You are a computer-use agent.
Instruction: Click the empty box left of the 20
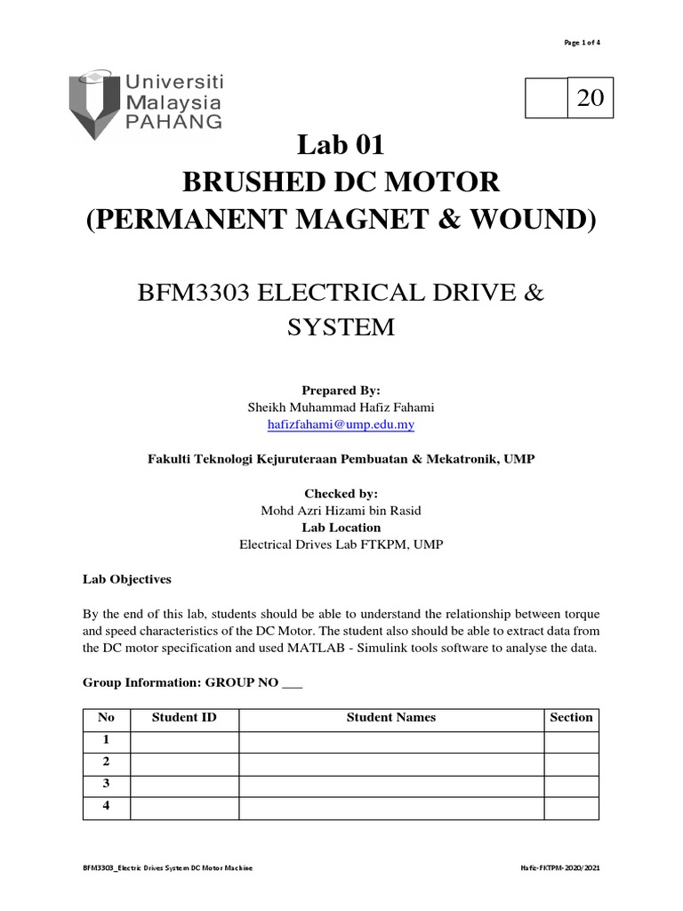point(547,99)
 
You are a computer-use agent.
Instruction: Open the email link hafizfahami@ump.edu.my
point(341,425)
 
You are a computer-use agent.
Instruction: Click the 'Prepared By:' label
point(341,391)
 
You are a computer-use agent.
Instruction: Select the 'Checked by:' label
point(341,493)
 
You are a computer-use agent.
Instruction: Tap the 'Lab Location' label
point(341,527)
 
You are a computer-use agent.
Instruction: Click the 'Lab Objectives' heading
point(126,578)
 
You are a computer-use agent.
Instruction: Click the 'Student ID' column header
point(184,717)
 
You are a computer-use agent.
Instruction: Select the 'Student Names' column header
point(391,717)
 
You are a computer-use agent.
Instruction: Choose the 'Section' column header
point(571,717)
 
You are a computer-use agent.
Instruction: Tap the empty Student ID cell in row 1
point(184,740)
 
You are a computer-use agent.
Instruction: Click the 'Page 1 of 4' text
point(582,43)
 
